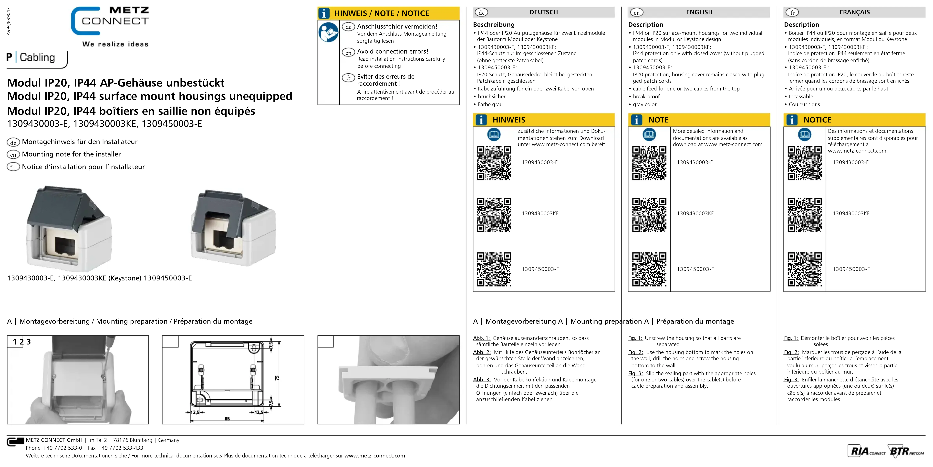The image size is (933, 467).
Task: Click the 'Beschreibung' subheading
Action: (x=494, y=25)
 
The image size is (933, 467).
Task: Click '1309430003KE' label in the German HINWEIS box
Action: (x=540, y=214)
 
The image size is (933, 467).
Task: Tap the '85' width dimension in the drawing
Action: (x=227, y=419)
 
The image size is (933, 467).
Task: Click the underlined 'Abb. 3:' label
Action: (x=482, y=380)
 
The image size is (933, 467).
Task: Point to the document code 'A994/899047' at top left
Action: (x=9, y=22)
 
